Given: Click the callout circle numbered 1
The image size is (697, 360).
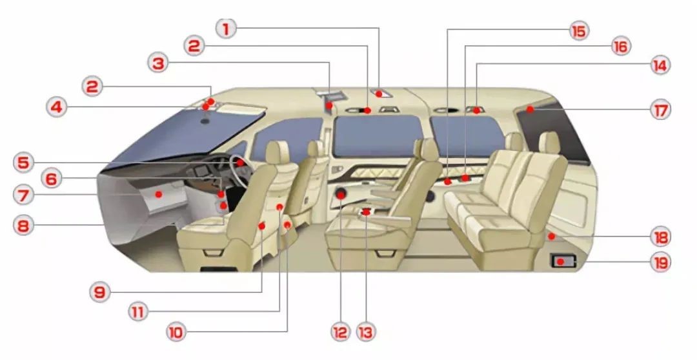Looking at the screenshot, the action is [x=226, y=28].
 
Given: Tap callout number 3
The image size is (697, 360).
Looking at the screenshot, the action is [x=158, y=63].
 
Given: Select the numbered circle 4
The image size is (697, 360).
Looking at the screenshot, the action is [x=56, y=107].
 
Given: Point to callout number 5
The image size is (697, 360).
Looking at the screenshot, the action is [x=23, y=162].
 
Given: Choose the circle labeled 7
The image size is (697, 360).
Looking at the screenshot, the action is [x=23, y=195].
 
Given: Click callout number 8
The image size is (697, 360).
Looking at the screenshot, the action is [x=23, y=226].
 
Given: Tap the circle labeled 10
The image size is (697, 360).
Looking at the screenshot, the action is [x=176, y=332].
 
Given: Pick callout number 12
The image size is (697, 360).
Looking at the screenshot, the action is [x=340, y=332].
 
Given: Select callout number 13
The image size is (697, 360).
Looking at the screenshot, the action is [x=366, y=332].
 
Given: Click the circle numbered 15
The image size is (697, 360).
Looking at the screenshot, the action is [x=579, y=31].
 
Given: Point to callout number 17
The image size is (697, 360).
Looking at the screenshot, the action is [x=660, y=110].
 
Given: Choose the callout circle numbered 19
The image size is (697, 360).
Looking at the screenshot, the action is [x=661, y=262].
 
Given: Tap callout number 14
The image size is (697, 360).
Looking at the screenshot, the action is [x=660, y=65].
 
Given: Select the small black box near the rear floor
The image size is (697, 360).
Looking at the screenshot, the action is [x=563, y=261].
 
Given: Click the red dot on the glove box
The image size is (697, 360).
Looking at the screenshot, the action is [x=158, y=195].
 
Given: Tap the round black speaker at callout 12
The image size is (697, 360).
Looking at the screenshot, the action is [x=341, y=195].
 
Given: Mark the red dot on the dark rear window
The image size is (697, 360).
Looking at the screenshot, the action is [x=530, y=109].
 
